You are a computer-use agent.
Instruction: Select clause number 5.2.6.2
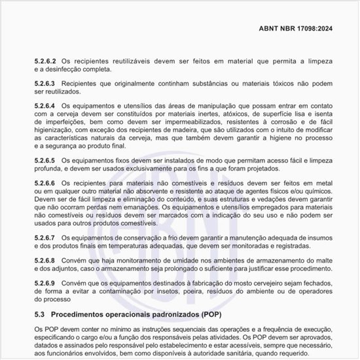coord(47,59)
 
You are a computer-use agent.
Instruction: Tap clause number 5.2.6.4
coord(47,105)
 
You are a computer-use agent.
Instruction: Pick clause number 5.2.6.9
coord(47,281)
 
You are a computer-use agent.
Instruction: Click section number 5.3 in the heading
coord(40,315)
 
